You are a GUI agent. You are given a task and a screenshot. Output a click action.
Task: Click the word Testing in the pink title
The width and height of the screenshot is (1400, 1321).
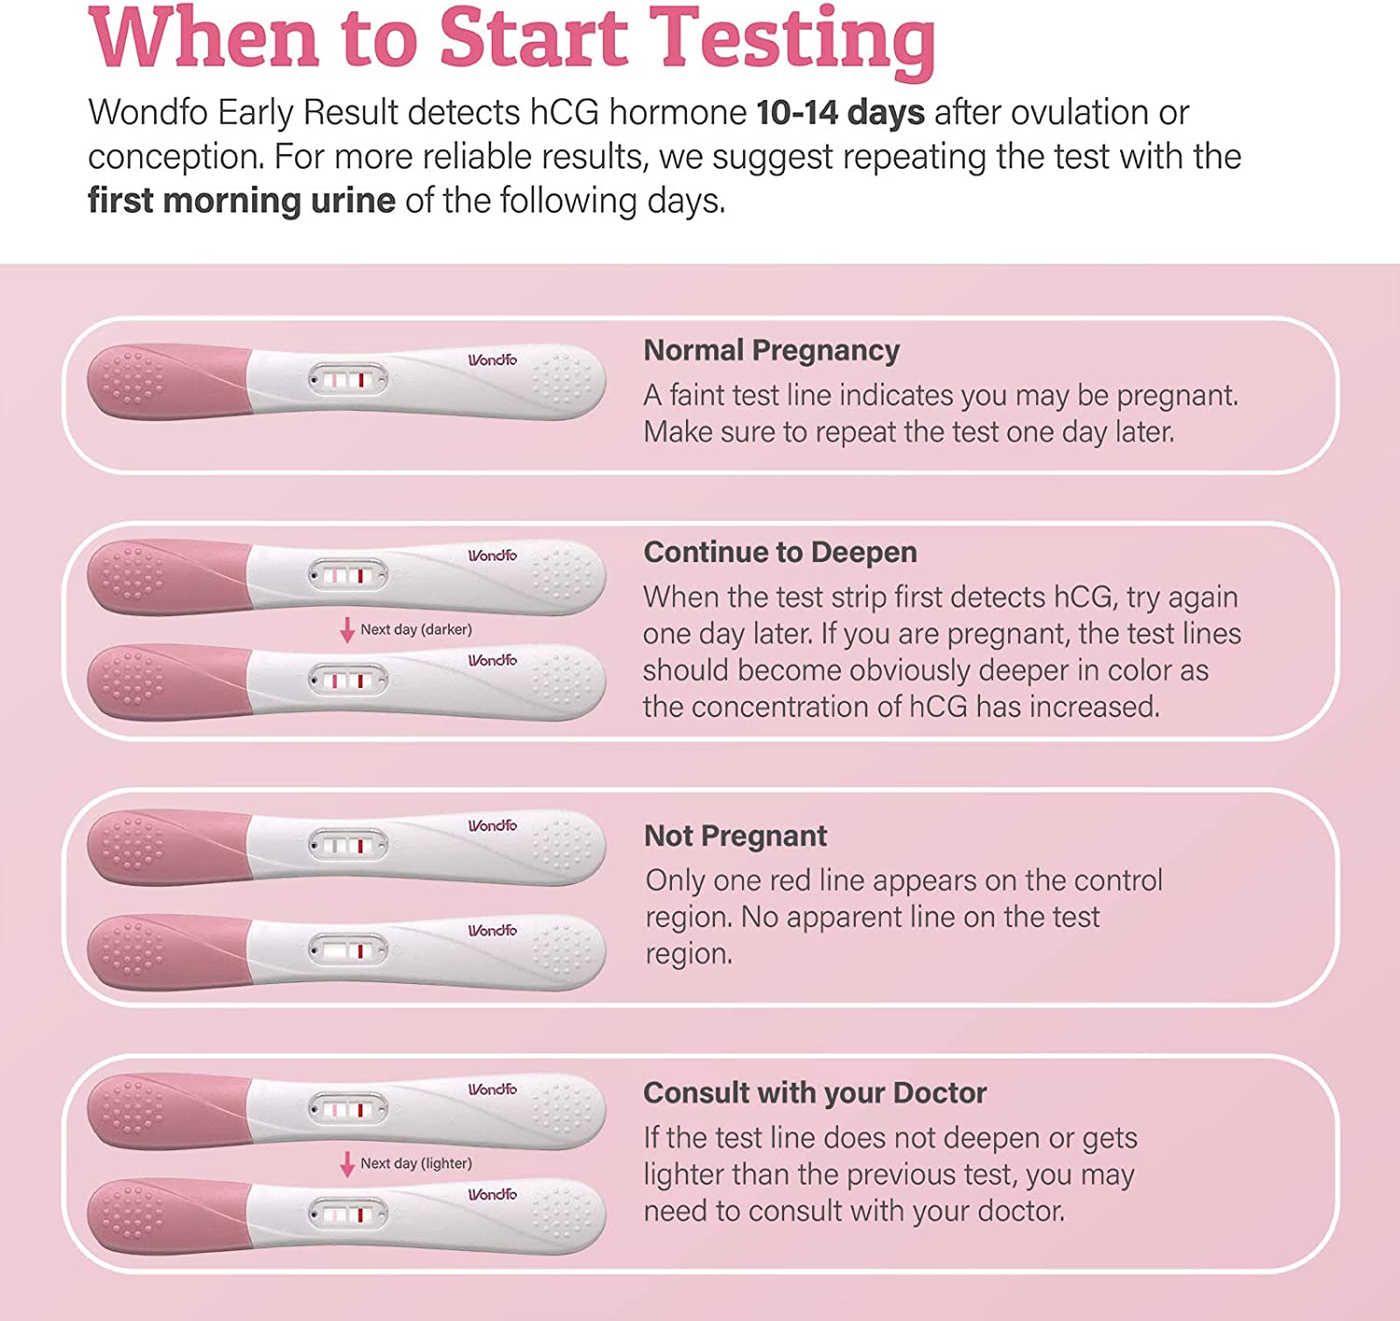(791, 39)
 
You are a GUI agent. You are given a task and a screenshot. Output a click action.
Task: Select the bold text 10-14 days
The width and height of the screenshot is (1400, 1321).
(840, 113)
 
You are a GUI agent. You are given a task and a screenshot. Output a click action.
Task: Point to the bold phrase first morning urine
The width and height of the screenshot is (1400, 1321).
(241, 201)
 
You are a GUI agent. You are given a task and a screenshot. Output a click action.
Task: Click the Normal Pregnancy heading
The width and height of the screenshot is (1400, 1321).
(771, 350)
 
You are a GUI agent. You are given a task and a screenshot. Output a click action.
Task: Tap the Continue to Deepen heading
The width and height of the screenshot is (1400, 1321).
(780, 552)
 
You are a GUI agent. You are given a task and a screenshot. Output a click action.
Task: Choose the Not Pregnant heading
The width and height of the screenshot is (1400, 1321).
(735, 836)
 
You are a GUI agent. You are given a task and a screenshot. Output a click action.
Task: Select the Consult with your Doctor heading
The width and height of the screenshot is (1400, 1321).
(814, 1092)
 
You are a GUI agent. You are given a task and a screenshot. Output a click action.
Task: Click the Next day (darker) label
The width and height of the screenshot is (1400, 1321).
(416, 629)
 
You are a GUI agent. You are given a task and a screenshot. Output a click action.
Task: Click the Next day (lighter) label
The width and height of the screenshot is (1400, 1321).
(416, 1163)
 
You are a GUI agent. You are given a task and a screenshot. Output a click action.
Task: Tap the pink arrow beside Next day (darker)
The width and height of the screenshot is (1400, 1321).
(347, 630)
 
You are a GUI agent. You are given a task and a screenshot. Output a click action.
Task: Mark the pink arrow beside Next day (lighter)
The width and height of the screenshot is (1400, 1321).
(347, 1164)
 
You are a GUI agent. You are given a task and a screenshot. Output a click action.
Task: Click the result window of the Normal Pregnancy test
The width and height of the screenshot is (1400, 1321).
(348, 380)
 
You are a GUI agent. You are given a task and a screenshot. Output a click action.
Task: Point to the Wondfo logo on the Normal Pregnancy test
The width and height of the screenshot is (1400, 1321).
(492, 360)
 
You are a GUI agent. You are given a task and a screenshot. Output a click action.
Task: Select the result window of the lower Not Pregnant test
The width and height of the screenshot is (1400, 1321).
(348, 951)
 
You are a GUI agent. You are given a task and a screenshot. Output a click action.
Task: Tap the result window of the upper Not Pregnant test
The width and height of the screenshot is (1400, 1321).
(348, 846)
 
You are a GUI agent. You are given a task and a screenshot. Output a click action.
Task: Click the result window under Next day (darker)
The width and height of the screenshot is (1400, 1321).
(348, 681)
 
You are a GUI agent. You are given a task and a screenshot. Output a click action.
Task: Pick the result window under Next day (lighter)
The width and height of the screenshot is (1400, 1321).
(348, 1215)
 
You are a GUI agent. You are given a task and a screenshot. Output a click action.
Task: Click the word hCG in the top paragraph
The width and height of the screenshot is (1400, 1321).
(566, 113)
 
